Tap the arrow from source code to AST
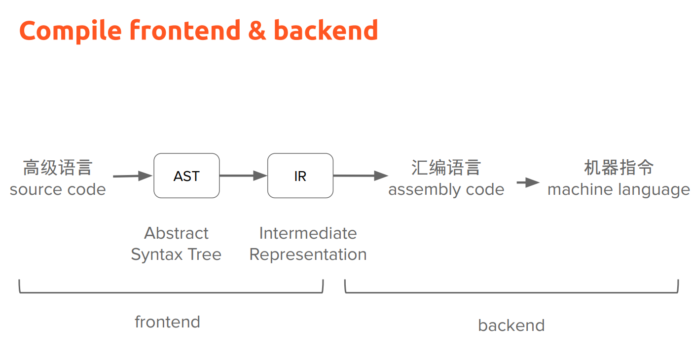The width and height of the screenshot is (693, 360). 132,176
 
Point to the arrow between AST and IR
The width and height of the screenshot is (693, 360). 243,176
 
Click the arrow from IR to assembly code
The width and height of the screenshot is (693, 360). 361,176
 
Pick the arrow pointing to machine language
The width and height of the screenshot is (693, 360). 528,182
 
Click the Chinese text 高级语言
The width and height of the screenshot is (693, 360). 58,168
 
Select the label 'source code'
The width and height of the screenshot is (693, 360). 58,189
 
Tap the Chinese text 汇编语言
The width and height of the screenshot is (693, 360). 446,168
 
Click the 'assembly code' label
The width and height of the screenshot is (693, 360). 446,189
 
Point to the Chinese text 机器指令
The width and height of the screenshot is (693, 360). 619,168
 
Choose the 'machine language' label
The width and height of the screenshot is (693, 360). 619,189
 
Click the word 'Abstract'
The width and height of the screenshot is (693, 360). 177,233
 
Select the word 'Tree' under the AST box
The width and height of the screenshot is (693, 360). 205,254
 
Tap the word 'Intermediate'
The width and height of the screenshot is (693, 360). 308,233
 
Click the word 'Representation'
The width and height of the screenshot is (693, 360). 308,255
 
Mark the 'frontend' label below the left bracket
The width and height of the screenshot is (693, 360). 167,322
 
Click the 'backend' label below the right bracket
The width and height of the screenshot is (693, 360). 511,325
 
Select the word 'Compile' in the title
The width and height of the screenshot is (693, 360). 71,31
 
